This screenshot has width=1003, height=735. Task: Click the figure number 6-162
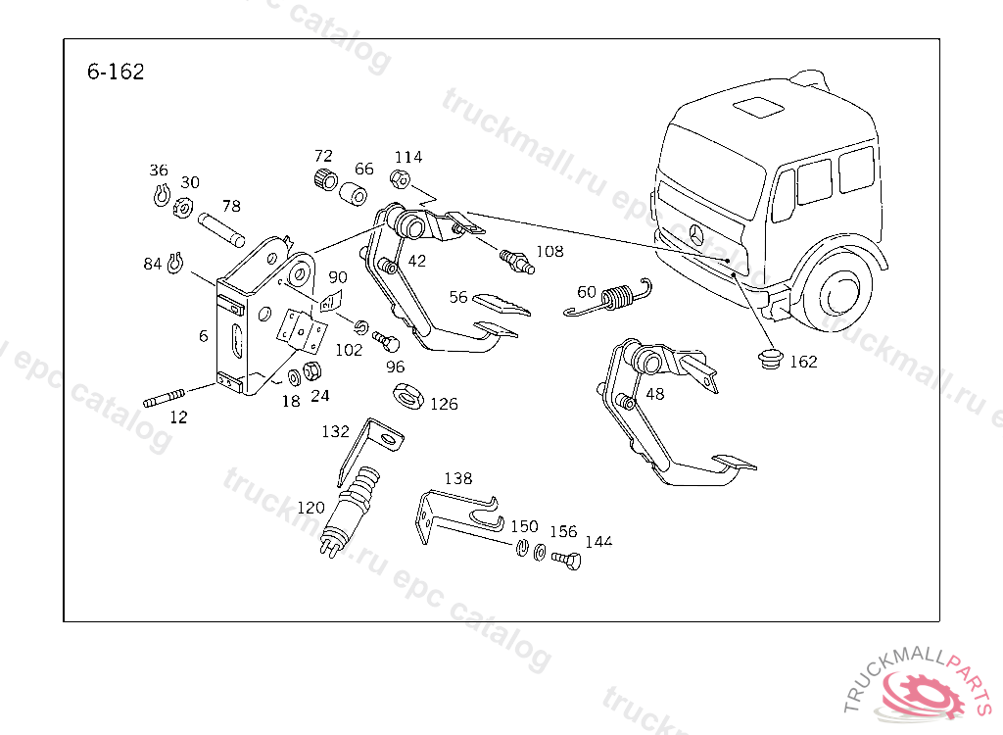(x=116, y=72)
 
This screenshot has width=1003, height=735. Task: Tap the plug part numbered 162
(x=772, y=358)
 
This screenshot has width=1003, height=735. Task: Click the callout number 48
(x=656, y=394)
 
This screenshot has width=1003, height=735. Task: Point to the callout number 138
(x=457, y=478)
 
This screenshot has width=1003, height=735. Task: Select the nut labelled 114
(x=400, y=178)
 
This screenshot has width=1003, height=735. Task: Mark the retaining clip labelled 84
(x=176, y=262)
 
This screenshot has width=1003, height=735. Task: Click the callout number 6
(x=203, y=336)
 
